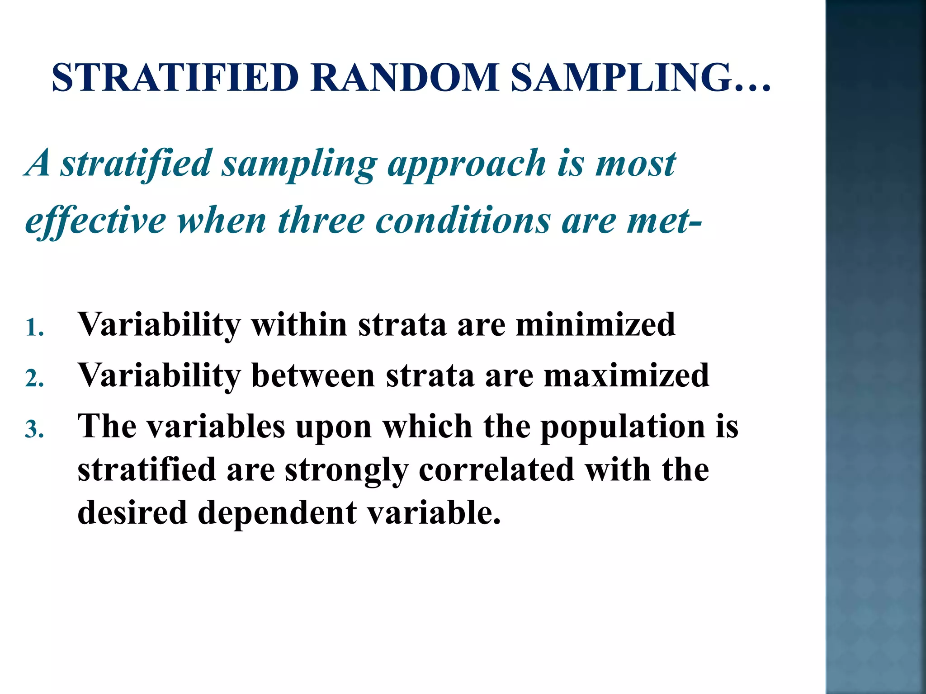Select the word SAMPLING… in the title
[640, 78]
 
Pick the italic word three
[321, 221]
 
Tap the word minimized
[595, 324]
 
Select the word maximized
[626, 375]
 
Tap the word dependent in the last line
[277, 513]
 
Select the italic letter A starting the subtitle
[39, 164]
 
